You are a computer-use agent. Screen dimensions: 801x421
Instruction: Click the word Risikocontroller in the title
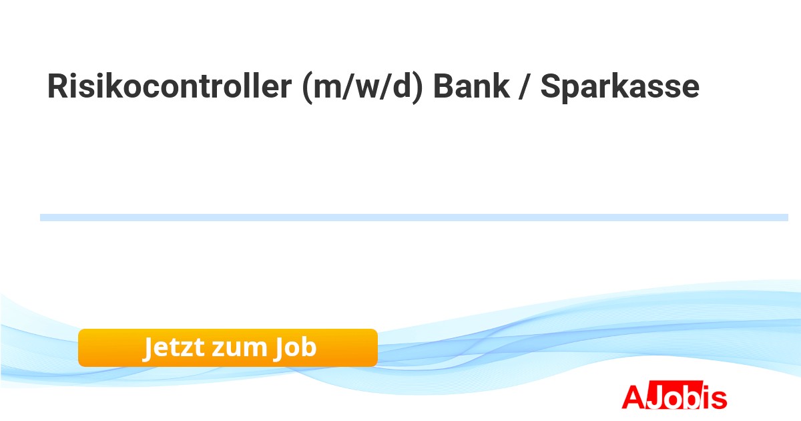tap(170, 86)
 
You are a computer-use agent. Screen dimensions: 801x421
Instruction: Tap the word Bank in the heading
tap(471, 86)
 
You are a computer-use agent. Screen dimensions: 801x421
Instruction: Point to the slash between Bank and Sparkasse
tap(524, 86)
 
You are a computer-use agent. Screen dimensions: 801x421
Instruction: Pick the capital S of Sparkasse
tap(550, 86)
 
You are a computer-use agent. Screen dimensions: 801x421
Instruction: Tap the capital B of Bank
tap(443, 86)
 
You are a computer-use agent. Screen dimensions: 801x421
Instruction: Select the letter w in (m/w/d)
tap(367, 89)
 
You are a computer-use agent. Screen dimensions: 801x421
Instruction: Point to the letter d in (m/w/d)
tap(402, 86)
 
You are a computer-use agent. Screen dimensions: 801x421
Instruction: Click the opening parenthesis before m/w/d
tap(308, 88)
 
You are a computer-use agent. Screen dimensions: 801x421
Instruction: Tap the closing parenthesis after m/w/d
tap(418, 88)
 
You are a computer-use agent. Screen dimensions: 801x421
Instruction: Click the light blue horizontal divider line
tap(414, 218)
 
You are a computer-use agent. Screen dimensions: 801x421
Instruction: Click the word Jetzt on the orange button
tap(174, 347)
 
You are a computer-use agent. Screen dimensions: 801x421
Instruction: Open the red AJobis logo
tap(674, 395)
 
